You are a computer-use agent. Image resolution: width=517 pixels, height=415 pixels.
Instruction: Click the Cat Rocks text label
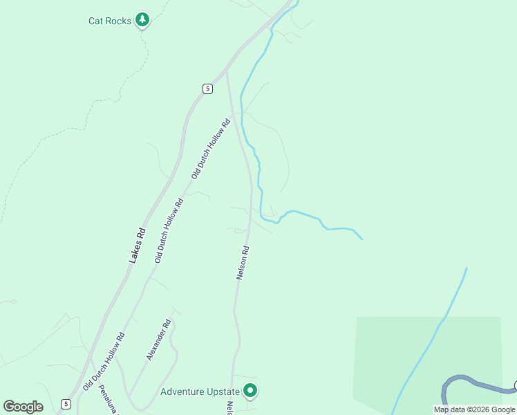[x=110, y=21]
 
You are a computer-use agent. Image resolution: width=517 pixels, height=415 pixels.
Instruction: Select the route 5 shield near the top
[x=207, y=88]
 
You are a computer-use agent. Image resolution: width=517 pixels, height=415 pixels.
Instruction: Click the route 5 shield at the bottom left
[x=66, y=403]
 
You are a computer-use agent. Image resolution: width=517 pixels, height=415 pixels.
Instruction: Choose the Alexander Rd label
[x=158, y=340]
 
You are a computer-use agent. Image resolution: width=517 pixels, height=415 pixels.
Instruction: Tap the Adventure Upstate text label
[x=200, y=391]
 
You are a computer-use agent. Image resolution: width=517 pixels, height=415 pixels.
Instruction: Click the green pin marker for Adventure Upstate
[x=251, y=391]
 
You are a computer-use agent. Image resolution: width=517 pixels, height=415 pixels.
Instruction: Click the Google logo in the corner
[x=23, y=407]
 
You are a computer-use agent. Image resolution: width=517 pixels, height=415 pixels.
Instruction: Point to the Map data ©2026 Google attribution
[x=474, y=409]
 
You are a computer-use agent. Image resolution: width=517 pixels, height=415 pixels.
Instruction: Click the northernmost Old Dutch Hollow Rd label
[x=211, y=149]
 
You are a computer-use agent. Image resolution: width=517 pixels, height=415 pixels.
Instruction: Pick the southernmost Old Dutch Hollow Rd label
[x=104, y=362]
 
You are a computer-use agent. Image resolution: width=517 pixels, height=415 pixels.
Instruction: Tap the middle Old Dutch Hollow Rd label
[x=169, y=231]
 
